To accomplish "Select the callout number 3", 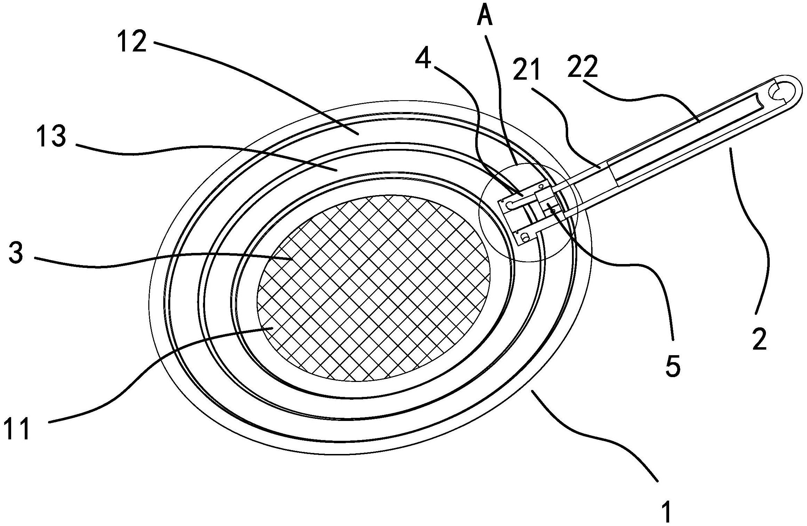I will pyautogui.click(x=16, y=253).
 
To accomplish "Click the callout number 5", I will pyautogui.click(x=673, y=366).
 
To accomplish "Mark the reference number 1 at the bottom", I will pyautogui.click(x=665, y=510).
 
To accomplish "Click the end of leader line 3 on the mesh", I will pyautogui.click(x=292, y=259).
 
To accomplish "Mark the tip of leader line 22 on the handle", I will pyautogui.click(x=700, y=121).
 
